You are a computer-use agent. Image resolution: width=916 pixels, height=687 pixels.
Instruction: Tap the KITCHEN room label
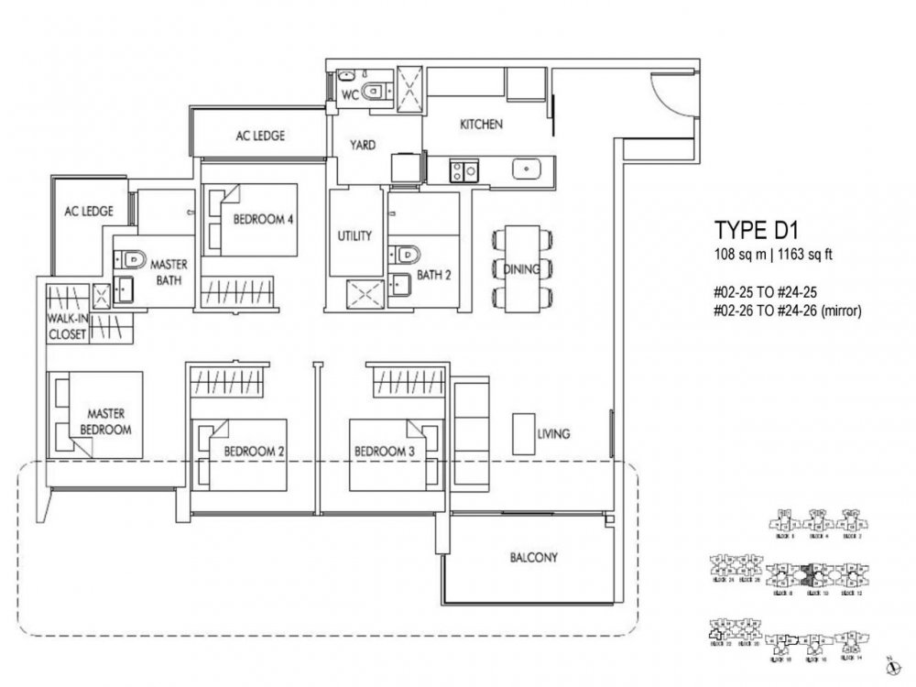point(481,125)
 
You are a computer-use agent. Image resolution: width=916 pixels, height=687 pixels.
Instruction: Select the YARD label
point(362,145)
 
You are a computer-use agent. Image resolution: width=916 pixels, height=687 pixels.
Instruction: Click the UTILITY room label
point(354,236)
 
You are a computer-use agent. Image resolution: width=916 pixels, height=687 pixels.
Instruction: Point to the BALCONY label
point(533,557)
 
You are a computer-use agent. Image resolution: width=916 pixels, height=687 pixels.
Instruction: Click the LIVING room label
point(555,433)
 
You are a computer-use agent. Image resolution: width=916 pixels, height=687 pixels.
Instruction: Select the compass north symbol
point(889,667)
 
